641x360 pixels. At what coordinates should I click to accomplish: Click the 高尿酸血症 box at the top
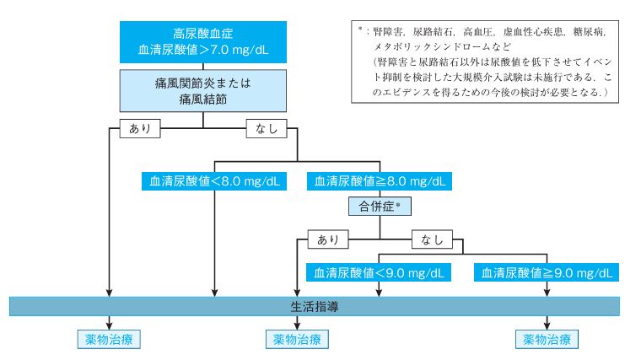click(x=202, y=42)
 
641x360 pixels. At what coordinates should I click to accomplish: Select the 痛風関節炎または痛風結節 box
click(x=202, y=91)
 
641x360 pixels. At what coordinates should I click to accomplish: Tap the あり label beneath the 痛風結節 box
click(x=140, y=128)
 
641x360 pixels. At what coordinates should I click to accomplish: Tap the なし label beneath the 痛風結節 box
click(x=267, y=128)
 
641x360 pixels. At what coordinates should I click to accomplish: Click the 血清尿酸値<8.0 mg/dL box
click(x=213, y=181)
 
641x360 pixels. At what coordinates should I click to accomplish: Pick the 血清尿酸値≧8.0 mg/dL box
click(x=380, y=181)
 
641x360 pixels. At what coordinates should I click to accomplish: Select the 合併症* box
click(x=380, y=207)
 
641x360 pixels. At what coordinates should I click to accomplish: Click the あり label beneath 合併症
click(x=328, y=239)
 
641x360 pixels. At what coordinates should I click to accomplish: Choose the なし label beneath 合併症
click(x=432, y=239)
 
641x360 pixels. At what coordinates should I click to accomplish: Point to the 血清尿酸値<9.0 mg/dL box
click(x=379, y=272)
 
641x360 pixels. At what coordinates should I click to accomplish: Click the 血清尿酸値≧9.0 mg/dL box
click(x=547, y=272)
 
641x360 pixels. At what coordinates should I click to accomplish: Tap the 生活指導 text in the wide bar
click(x=315, y=307)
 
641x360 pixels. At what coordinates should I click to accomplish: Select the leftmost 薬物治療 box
click(x=109, y=339)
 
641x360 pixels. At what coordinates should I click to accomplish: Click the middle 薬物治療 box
click(x=297, y=339)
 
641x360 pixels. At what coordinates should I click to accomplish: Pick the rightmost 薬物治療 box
click(x=547, y=339)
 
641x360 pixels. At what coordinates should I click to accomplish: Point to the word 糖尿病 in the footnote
click(x=589, y=32)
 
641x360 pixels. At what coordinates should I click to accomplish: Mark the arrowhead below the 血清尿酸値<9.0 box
click(x=379, y=293)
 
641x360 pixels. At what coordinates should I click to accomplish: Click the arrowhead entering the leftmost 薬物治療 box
click(x=109, y=325)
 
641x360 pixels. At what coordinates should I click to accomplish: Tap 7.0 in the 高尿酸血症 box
click(x=219, y=50)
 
